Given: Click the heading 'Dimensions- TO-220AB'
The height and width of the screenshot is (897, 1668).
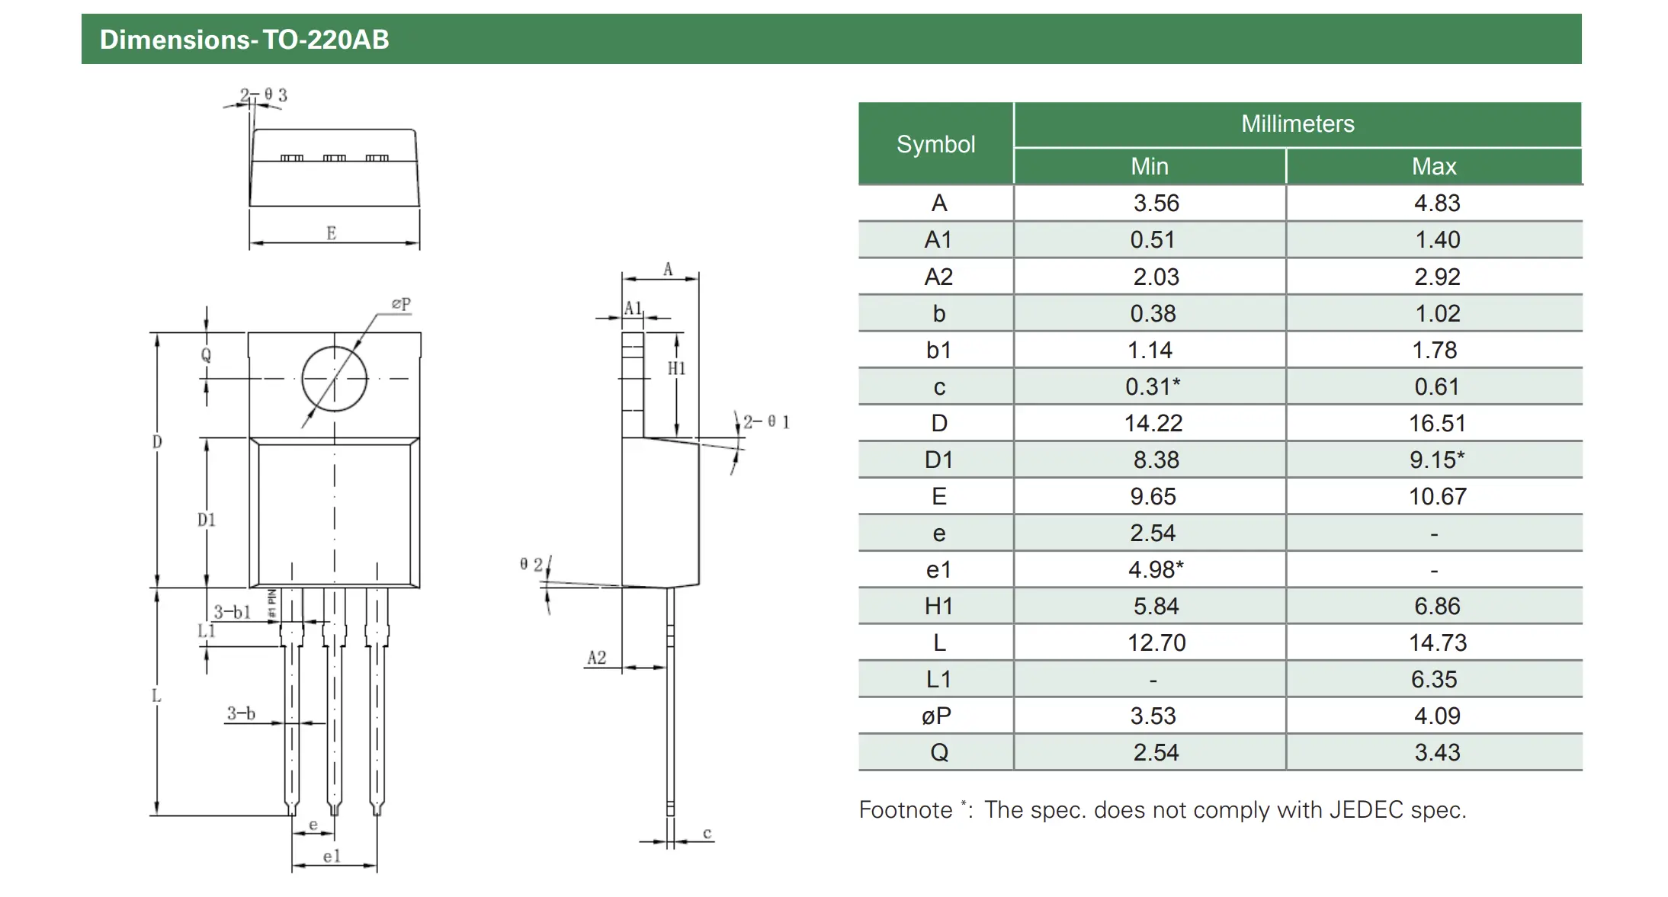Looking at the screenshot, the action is pyautogui.click(x=244, y=40).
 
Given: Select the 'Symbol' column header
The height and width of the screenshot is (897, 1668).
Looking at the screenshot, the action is pyautogui.click(x=935, y=144).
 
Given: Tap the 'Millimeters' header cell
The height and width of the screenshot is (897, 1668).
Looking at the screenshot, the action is pyautogui.click(x=1298, y=123).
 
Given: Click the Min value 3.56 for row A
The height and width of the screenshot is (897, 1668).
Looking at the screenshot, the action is pyautogui.click(x=1156, y=203).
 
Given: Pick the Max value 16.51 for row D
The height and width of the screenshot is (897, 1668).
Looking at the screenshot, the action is pyautogui.click(x=1437, y=423).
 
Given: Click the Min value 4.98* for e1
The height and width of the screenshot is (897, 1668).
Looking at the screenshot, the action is pyautogui.click(x=1156, y=569).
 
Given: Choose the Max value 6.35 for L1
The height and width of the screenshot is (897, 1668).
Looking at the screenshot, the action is pyautogui.click(x=1434, y=679).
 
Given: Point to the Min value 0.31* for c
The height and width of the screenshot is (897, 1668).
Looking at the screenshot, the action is pyautogui.click(x=1153, y=386).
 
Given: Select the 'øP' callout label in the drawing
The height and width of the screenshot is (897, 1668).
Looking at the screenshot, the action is pyautogui.click(x=401, y=303).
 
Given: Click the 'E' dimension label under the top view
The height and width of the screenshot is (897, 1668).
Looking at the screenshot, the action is pyautogui.click(x=332, y=233).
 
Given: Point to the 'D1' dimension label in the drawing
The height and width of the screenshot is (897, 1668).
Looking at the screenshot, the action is pyautogui.click(x=207, y=520).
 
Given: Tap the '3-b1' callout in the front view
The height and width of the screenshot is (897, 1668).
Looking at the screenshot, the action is pyautogui.click(x=232, y=612).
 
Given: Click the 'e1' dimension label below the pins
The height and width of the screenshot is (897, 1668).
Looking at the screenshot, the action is pyautogui.click(x=332, y=857).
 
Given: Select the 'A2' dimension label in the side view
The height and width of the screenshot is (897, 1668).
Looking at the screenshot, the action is pyautogui.click(x=597, y=658).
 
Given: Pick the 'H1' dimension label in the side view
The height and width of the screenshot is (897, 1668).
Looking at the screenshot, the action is pyautogui.click(x=677, y=369).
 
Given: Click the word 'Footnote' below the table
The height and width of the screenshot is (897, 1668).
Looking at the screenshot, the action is pyautogui.click(x=906, y=809).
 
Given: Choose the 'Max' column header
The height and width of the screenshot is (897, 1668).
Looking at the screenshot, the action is pyautogui.click(x=1434, y=166).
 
